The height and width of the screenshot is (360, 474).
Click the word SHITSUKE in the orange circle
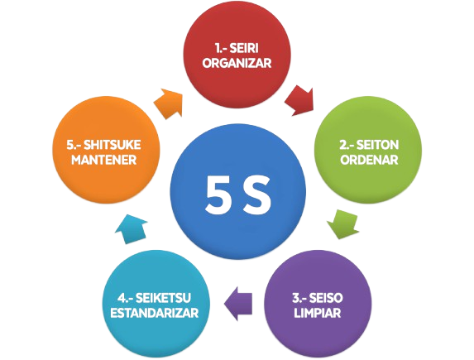(x=113, y=145)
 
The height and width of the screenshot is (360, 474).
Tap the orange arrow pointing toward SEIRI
(x=170, y=103)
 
